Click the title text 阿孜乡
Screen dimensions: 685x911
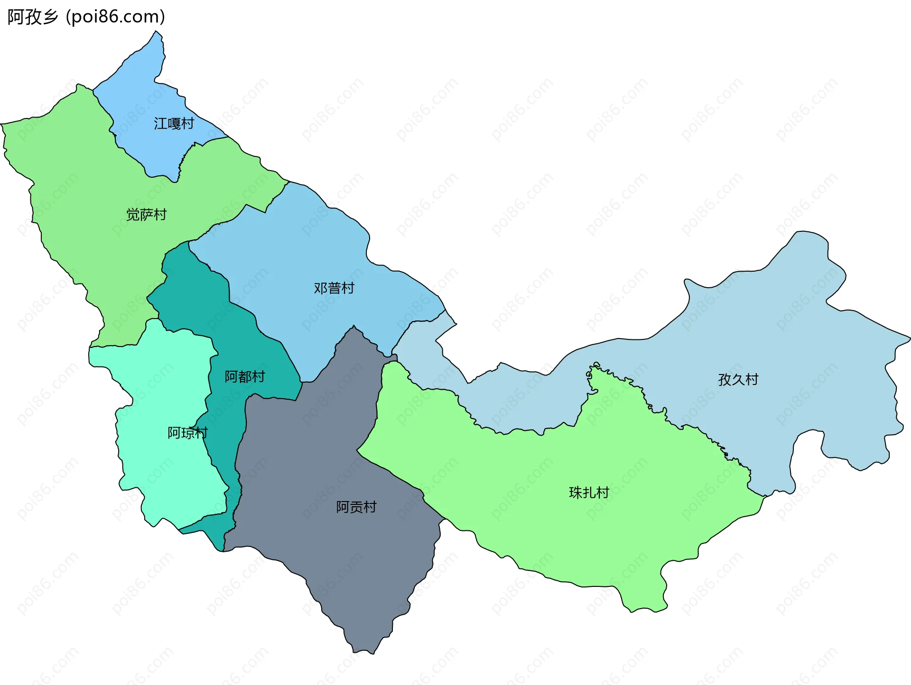pos(32,17)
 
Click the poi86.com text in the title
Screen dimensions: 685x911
pos(116,17)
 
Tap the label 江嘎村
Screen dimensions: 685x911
pos(174,124)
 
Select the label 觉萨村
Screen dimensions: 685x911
pos(146,215)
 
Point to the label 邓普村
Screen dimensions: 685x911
pos(334,288)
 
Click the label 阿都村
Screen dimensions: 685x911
pos(244,377)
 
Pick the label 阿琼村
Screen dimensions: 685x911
pos(187,433)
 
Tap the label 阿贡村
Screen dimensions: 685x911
pos(356,507)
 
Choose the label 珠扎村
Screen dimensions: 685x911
pos(589,493)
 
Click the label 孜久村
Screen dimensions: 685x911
pos(738,379)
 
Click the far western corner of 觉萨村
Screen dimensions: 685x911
pos(2,125)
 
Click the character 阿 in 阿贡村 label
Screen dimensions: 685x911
pos(343,507)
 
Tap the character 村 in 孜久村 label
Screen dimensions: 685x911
pos(752,379)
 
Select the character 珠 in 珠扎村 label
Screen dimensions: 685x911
pos(576,493)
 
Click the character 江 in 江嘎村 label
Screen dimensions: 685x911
pos(160,124)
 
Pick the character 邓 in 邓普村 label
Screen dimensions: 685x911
pos(320,288)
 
